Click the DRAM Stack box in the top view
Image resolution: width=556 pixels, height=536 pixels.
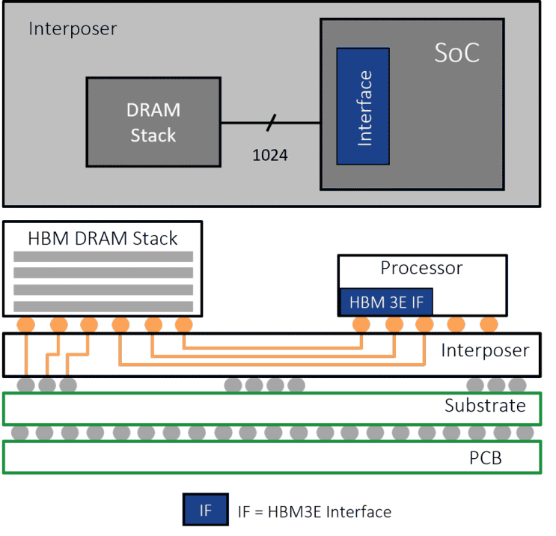(x=153, y=122)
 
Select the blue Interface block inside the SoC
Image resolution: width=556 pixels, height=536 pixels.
(x=363, y=106)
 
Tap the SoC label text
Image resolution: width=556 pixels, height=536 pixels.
(x=457, y=53)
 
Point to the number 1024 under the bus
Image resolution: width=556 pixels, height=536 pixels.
(x=270, y=156)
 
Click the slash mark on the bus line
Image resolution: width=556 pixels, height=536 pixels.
(x=271, y=123)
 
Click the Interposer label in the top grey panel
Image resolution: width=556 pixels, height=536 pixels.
(x=73, y=28)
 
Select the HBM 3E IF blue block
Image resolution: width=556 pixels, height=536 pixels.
(x=386, y=302)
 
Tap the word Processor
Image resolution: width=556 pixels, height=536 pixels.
(x=421, y=268)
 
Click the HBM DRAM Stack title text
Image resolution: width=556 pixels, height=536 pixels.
(x=103, y=238)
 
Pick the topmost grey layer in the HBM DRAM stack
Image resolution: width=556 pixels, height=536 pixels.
(x=103, y=257)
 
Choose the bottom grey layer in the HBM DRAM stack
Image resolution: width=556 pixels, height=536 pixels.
(x=103, y=306)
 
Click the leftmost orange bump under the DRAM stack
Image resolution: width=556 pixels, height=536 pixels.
(x=26, y=325)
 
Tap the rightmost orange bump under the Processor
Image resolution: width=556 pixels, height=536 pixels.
(x=489, y=324)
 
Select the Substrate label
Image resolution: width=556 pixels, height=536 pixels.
(x=485, y=406)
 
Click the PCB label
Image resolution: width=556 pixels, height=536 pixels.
(x=486, y=458)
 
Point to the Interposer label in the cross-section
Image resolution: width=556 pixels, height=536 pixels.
(x=485, y=351)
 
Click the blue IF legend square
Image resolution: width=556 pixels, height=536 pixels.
(x=206, y=509)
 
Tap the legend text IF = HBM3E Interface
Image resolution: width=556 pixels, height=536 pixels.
(x=314, y=512)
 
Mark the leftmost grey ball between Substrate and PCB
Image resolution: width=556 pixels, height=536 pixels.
(x=20, y=433)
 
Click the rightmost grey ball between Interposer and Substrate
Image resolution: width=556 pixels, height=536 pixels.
(x=517, y=385)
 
